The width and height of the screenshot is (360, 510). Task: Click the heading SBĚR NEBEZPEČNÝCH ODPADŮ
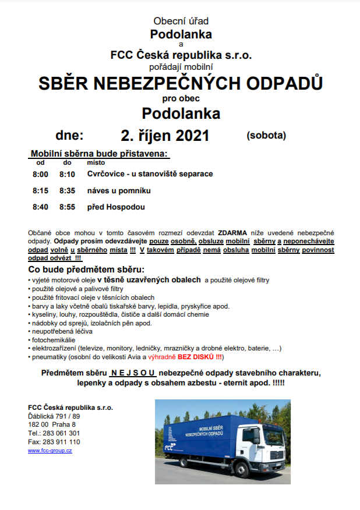click(180, 83)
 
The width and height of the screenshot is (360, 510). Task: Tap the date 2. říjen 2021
click(165, 136)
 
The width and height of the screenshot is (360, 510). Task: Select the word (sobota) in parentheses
click(266, 136)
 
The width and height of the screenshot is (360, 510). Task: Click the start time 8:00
click(40, 174)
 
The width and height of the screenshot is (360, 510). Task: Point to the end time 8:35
click(68, 190)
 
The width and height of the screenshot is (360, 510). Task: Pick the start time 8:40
click(40, 207)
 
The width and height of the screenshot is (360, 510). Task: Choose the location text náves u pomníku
click(119, 190)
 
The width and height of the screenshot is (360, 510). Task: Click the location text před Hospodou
click(116, 207)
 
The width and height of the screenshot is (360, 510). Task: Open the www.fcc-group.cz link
click(50, 451)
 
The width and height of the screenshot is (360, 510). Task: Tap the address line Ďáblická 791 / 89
click(54, 416)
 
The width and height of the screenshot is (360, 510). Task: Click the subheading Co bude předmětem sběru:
click(86, 270)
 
